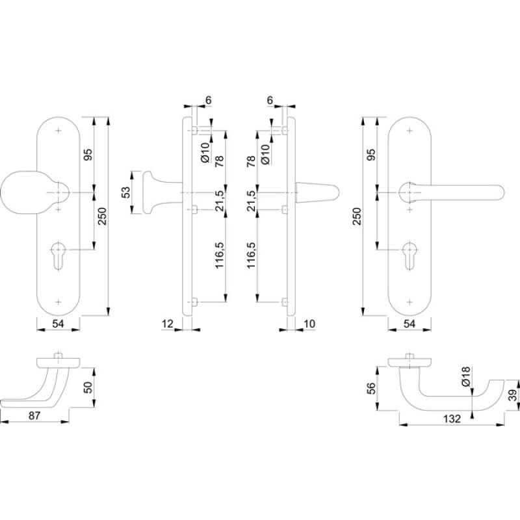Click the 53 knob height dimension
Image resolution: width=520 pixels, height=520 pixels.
[x=126, y=192]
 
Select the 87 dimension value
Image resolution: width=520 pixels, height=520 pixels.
[x=34, y=415]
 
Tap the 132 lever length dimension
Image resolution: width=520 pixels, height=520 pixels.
[x=452, y=419]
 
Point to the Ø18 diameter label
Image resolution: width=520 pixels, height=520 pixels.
[x=466, y=376]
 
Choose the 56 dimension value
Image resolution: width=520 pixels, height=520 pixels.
[x=370, y=388]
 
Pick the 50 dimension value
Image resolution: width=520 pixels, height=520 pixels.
[x=88, y=387]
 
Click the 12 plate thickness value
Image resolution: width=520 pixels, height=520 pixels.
[x=168, y=324]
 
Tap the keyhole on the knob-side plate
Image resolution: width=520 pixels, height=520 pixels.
[x=58, y=255]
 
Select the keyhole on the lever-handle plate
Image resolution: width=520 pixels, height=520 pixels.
[x=410, y=255]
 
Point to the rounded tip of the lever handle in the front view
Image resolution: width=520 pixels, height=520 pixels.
[x=500, y=192]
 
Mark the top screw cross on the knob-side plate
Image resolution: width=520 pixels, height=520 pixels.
[x=58, y=131]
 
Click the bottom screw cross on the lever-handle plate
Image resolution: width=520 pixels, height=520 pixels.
[x=410, y=302]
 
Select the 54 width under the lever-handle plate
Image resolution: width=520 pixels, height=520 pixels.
[x=409, y=324]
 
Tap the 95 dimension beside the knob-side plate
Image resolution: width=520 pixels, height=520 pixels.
[x=88, y=155]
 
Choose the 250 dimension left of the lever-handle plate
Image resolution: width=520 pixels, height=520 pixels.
[x=357, y=216]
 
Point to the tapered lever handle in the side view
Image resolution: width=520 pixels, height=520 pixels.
[x=317, y=192]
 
